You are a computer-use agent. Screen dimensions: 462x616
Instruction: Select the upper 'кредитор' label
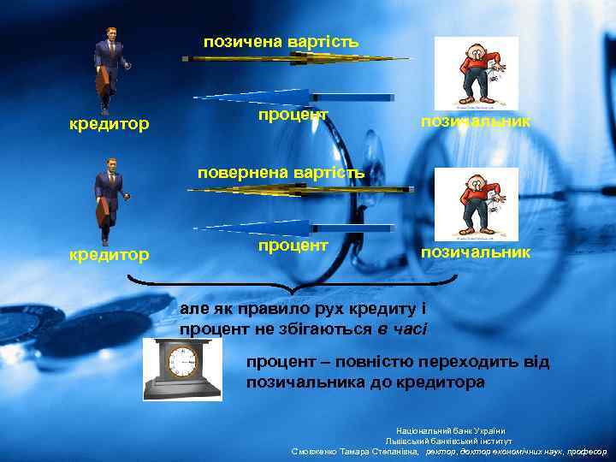point(109,125)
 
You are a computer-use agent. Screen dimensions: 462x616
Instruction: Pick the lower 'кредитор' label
point(109,254)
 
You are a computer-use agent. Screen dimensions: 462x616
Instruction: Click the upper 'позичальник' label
point(475,122)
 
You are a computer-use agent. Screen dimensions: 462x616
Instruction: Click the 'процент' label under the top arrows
point(293,115)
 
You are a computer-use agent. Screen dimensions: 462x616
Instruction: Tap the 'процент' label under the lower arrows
point(293,246)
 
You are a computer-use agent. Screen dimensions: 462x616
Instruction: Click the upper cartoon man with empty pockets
point(476,73)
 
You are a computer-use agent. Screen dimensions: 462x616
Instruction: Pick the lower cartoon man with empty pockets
point(476,204)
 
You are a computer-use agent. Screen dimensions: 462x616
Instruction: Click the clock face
point(181,363)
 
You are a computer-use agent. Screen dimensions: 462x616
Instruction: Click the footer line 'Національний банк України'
point(451,430)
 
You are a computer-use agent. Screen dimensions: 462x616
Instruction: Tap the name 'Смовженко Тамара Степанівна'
point(355,451)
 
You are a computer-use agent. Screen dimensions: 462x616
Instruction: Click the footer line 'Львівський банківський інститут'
point(451,441)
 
